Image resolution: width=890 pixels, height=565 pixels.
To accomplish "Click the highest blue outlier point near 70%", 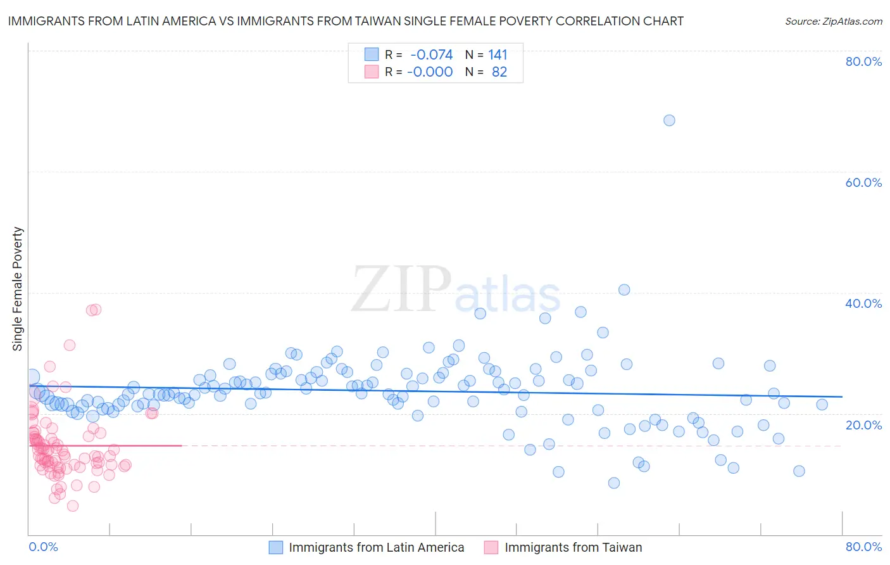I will coord(669,120).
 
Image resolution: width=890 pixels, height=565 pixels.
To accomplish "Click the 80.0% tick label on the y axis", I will coord(863,61).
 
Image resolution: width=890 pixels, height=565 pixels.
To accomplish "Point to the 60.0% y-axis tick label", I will coord(863,182).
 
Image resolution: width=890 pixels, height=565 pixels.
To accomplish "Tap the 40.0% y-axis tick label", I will coord(863,303).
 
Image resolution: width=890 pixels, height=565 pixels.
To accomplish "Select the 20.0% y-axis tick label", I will coord(863,424).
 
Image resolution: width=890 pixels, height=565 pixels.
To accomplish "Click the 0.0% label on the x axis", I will coord(43,547).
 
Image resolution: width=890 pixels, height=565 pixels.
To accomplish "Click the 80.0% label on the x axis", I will coord(863,547).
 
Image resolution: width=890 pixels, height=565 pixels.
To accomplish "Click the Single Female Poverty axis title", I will coord(18,289).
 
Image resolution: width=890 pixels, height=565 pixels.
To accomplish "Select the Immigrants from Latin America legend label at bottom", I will coord(377,547).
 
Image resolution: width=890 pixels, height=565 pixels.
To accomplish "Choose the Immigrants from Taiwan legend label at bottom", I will coord(573,547).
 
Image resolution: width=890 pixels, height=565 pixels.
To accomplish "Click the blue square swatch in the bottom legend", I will coord(276,547).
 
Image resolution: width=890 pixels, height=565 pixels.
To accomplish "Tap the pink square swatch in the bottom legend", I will coord(491,547).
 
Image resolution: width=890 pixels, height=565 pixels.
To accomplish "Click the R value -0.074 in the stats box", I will coord(432,55).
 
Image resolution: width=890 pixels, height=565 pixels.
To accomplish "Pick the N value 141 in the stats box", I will coord(498,55).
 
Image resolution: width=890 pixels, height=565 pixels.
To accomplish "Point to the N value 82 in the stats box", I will coord(499,72).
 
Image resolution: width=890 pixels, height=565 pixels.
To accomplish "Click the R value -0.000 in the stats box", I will coord(430,72).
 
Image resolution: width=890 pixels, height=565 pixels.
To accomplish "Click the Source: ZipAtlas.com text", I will coord(833,22).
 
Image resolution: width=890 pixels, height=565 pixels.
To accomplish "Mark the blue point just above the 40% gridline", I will coord(624,289).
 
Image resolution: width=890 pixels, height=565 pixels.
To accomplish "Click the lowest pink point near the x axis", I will coord(73,505).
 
